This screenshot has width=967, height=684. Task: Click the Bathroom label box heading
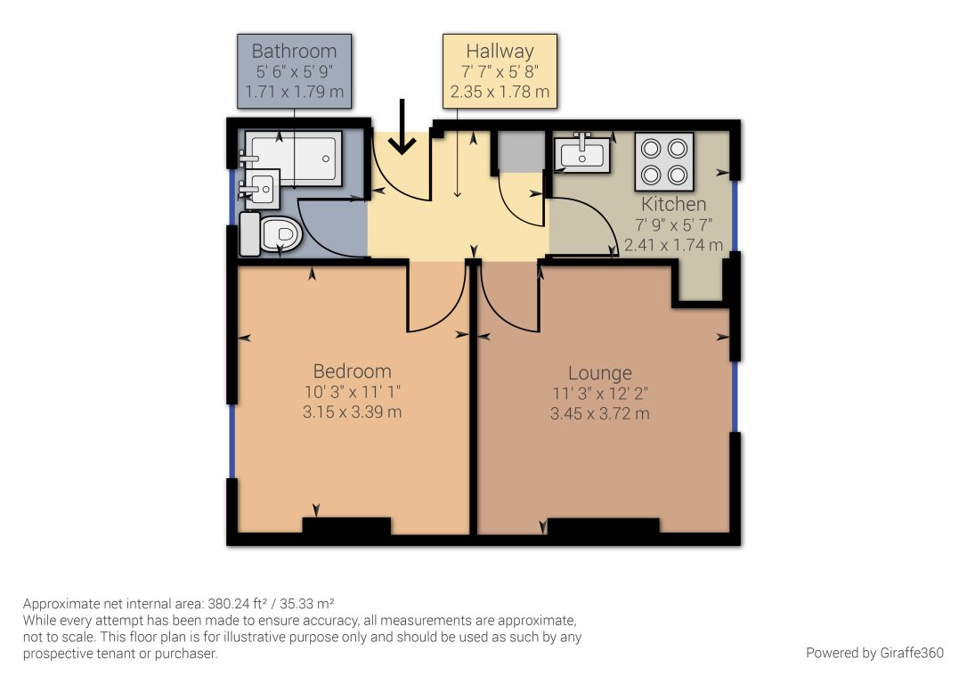[x=294, y=51]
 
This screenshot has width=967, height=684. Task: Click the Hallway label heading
[x=500, y=51]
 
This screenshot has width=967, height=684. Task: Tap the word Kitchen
[x=673, y=204]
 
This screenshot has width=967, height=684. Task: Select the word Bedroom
[x=352, y=370]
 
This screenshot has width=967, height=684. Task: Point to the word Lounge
[x=600, y=373]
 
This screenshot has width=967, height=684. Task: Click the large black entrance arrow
[x=402, y=126]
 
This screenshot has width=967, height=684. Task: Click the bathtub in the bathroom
[x=295, y=159]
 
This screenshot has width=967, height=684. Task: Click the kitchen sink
[x=582, y=153]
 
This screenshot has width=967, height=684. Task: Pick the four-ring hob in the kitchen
[x=664, y=161]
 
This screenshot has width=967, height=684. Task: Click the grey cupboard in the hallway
[x=522, y=151]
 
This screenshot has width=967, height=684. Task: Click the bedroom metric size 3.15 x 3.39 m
[x=352, y=411]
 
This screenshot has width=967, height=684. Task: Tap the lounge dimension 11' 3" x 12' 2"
[x=600, y=393]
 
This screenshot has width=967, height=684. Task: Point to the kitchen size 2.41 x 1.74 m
[x=673, y=245]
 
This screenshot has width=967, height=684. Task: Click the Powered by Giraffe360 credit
[x=874, y=653]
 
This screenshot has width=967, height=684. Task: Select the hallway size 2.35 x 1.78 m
[x=500, y=91]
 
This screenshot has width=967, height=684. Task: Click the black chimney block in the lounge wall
[x=604, y=526]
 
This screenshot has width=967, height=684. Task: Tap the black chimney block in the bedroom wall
[x=346, y=525]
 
